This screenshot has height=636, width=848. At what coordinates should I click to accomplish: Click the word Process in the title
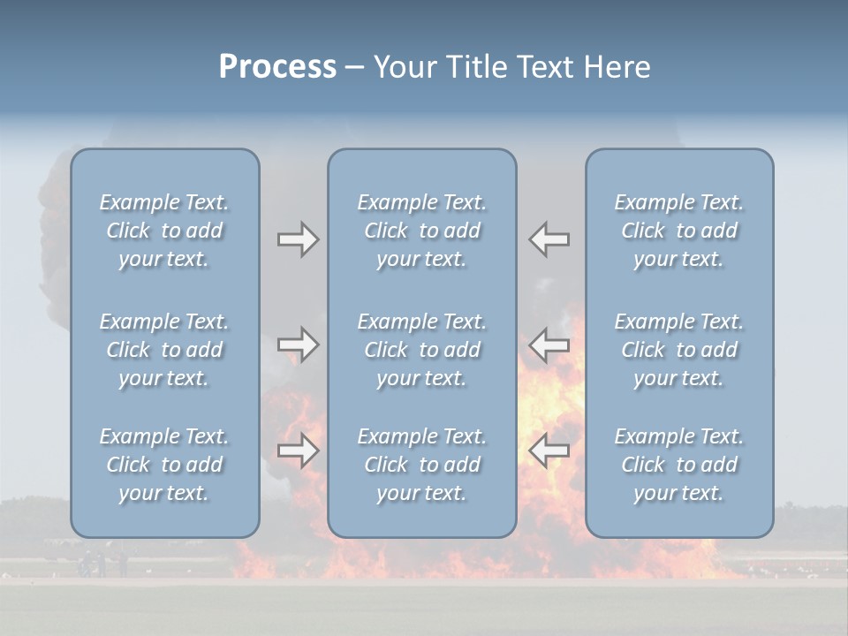coord(277,67)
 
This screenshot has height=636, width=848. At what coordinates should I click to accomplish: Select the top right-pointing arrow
coord(298,239)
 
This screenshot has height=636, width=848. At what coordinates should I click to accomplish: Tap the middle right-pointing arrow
coord(298,344)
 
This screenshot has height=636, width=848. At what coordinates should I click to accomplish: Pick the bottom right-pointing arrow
coord(298,450)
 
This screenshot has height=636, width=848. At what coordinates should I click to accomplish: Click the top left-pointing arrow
coord(549,239)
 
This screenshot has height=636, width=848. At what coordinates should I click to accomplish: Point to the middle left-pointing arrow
coord(549,344)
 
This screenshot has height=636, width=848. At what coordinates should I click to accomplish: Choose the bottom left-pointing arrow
coord(549,450)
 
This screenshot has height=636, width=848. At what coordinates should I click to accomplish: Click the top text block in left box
coord(164,231)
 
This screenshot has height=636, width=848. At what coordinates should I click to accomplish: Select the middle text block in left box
coord(164,350)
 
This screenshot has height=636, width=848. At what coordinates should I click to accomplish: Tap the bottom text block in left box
coord(164,465)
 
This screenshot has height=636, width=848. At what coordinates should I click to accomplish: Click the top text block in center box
coord(422,231)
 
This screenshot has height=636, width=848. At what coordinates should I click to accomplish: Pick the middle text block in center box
coord(422,350)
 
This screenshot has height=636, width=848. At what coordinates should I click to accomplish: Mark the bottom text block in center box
coord(422,465)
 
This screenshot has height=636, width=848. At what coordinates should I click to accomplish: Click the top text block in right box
coord(679,231)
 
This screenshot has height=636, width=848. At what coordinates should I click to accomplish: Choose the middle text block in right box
coord(679,350)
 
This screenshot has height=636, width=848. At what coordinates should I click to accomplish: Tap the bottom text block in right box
coord(679,465)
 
